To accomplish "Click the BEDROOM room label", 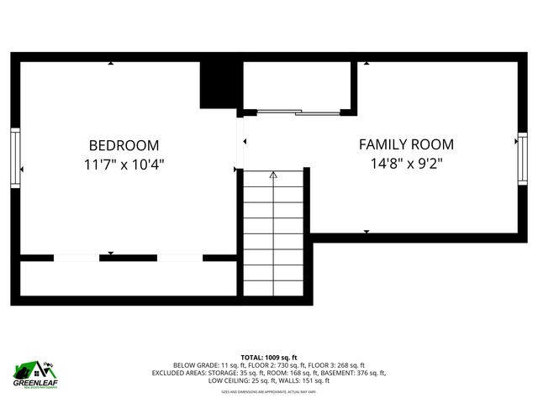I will click(x=124, y=145).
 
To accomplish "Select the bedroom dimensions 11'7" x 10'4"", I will click(x=124, y=164).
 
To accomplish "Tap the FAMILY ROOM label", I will click(x=406, y=144).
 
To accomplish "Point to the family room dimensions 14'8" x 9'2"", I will click(x=406, y=163).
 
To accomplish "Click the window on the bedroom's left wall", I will click(x=14, y=157).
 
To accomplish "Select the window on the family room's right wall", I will click(x=522, y=158).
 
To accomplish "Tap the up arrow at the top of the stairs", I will click(x=272, y=175).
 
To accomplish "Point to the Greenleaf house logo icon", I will click(x=32, y=369).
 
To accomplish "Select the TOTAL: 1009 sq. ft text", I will click(x=269, y=357).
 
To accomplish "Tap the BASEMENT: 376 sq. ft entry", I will click(x=353, y=372).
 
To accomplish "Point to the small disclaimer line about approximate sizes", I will click(x=269, y=390).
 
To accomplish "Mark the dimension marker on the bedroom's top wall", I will click(x=110, y=63).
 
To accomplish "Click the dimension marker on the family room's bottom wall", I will click(x=366, y=231).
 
